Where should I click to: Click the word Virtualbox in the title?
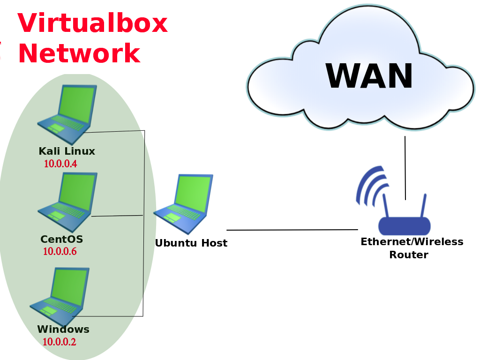tap(92, 23)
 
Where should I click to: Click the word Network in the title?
tap(79, 53)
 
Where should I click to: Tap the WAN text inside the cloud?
tap(369, 76)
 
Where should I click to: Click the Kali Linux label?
tap(67, 151)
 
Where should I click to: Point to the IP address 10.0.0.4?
tap(60, 164)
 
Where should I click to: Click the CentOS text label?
tap(61, 240)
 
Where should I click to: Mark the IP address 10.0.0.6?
tap(60, 252)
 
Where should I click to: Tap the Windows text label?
tap(63, 330)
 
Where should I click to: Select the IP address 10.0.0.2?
tap(59, 342)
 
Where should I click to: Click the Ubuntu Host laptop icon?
tap(184, 204)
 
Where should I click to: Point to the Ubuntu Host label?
tap(191, 243)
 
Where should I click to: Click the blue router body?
tap(404, 226)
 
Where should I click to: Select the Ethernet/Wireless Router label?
tap(412, 248)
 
